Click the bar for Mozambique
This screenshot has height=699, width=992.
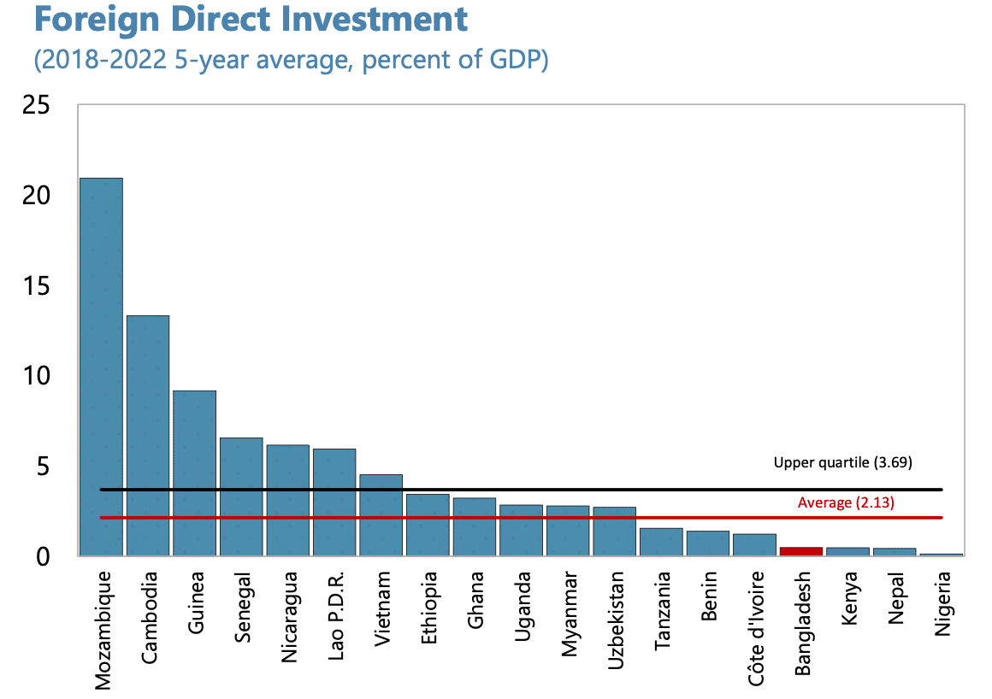[x=101, y=367]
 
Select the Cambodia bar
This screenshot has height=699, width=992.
[x=148, y=436]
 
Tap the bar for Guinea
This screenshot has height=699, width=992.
[x=194, y=473]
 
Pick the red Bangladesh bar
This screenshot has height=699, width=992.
[x=800, y=551]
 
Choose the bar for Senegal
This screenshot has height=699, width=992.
[x=241, y=496]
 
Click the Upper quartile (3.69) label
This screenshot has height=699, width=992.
[x=843, y=463]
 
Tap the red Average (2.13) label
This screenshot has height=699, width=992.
[x=846, y=503]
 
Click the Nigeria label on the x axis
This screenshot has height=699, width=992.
[x=942, y=603]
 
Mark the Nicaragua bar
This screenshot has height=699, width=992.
[x=287, y=500]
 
